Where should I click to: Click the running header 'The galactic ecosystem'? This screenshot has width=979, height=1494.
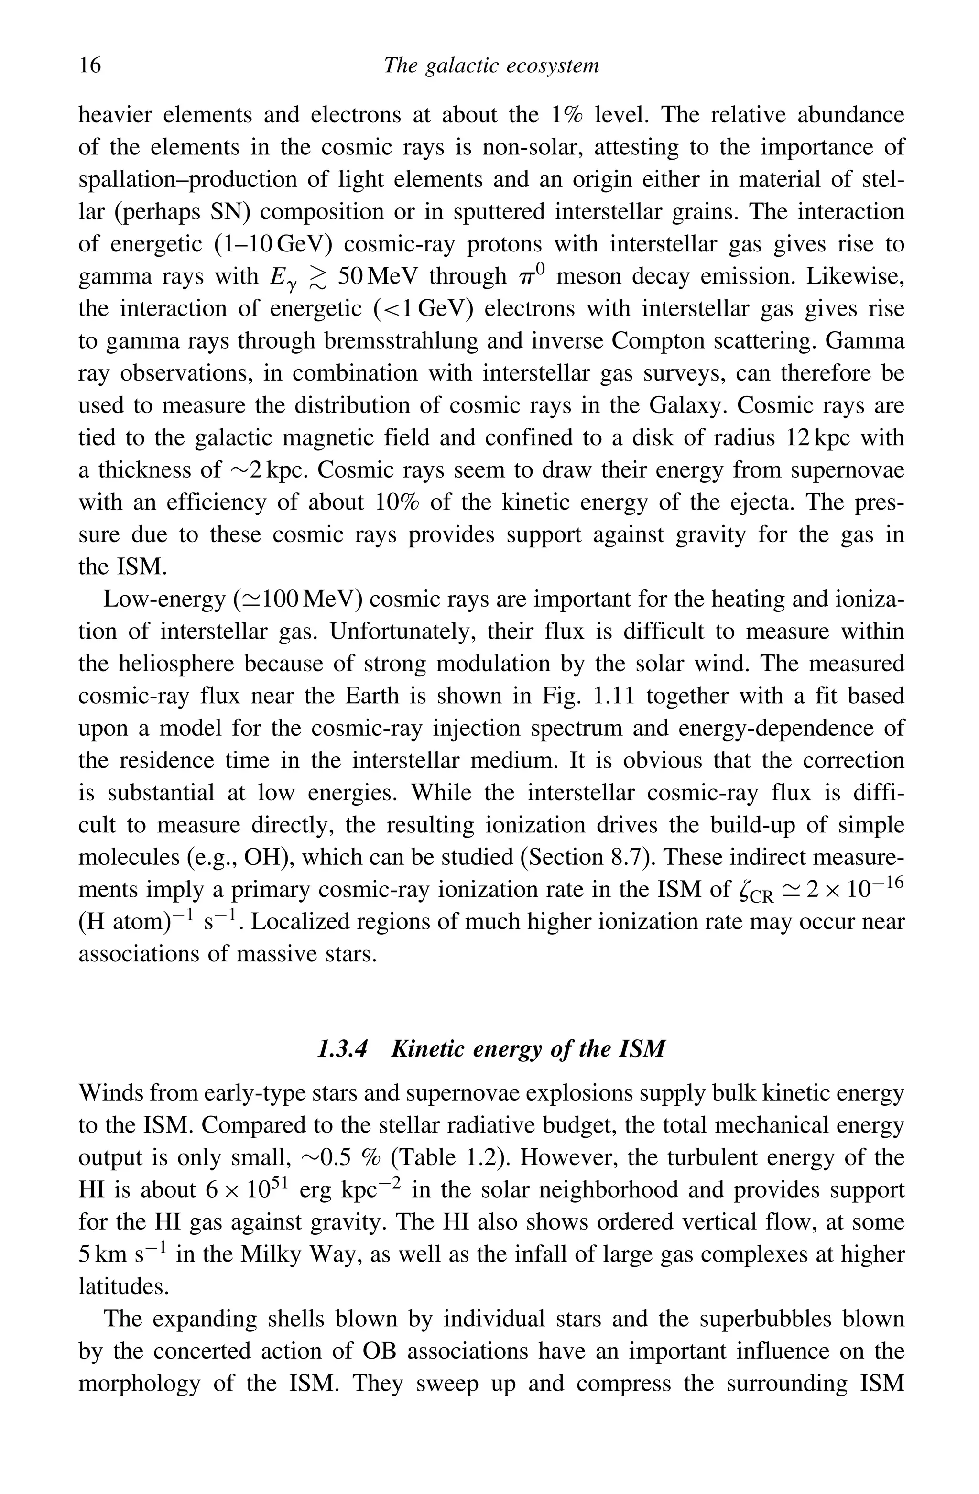pyautogui.click(x=491, y=65)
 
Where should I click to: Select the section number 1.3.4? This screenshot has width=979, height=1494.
pyautogui.click(x=343, y=1049)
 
